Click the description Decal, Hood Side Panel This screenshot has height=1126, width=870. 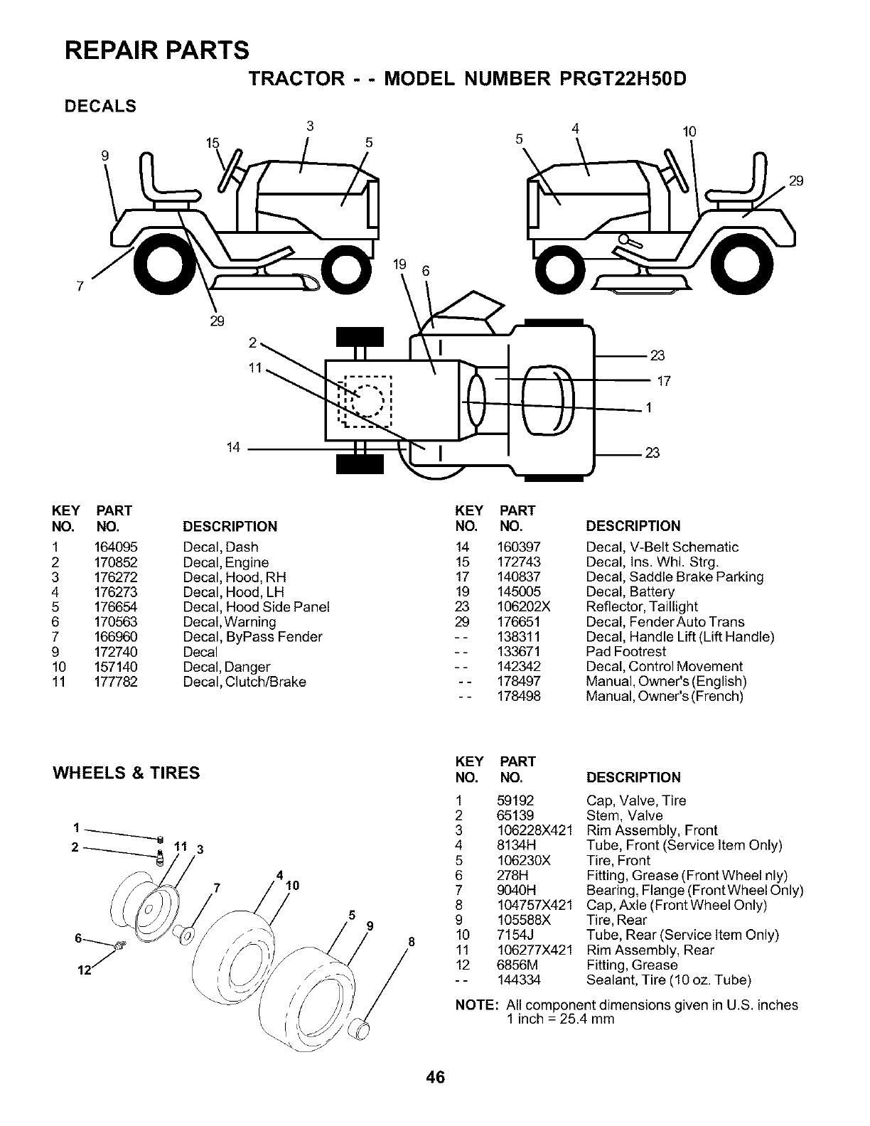(x=256, y=607)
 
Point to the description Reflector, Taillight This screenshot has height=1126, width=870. (x=641, y=607)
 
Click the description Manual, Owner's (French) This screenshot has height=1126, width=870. (x=664, y=697)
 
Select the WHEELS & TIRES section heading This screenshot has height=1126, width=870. (x=127, y=773)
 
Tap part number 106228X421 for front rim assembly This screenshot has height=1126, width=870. (x=535, y=831)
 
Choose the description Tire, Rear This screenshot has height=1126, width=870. (x=616, y=921)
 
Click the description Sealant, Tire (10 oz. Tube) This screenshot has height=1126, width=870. (x=668, y=980)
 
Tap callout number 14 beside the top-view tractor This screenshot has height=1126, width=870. (x=233, y=448)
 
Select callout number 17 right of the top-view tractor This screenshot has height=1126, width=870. (x=663, y=382)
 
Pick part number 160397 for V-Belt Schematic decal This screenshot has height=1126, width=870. (x=519, y=547)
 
